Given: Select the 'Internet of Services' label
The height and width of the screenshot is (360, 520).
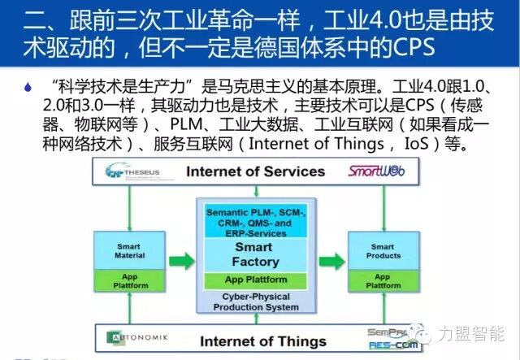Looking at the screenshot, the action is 256,171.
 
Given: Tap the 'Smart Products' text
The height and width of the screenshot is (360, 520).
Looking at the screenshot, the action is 381,251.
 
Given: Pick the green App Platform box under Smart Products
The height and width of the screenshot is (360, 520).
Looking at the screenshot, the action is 381,281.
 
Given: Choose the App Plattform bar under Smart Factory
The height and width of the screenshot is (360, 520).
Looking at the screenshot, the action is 254,280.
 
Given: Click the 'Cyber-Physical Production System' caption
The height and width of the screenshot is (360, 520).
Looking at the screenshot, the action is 254,303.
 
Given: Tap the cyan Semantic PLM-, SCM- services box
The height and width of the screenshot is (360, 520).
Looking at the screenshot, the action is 254,223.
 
